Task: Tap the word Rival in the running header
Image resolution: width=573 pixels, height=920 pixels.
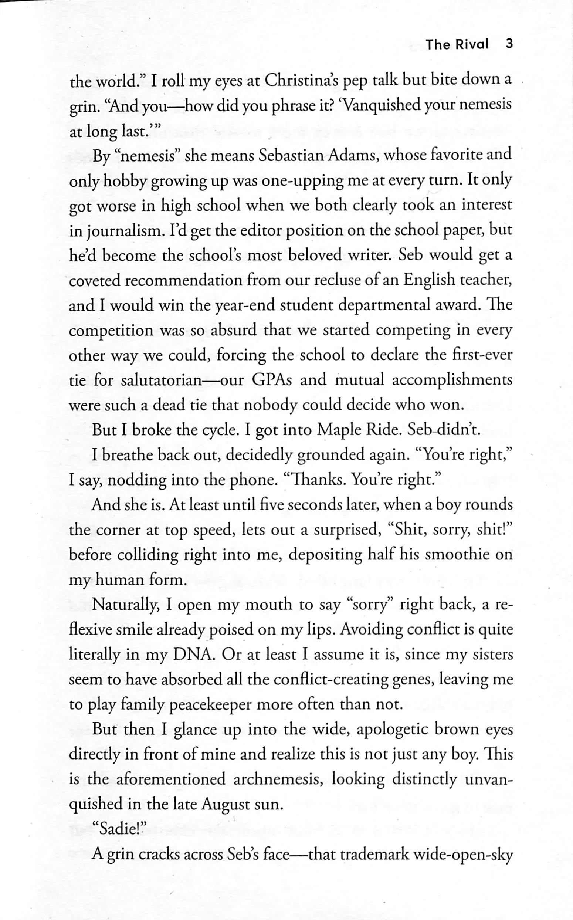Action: [471, 44]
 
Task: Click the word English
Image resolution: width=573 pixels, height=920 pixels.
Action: [428, 281]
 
